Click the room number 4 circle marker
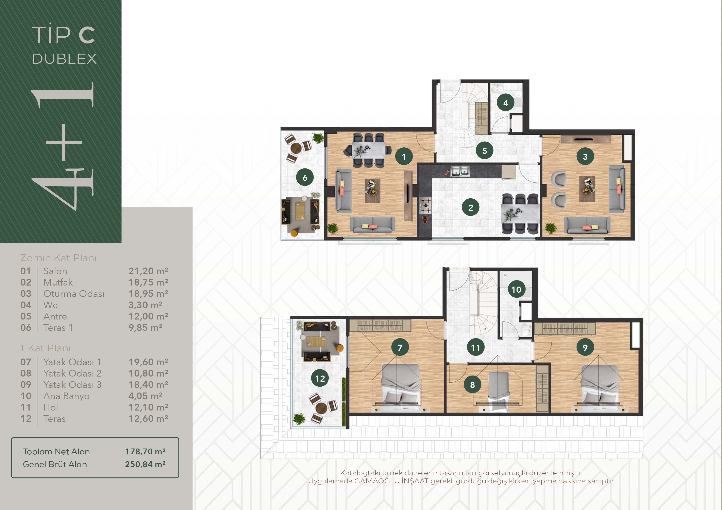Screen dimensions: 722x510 tap(505, 103)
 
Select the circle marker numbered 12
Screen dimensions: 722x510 tap(320, 378)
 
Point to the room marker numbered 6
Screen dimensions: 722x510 tap(305, 178)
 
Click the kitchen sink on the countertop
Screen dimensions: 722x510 tap(460, 171)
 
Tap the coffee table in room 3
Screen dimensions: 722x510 tap(587, 189)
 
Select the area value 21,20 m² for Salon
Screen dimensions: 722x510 tap(148, 271)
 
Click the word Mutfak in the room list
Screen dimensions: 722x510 tap(58, 282)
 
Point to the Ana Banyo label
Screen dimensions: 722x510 tap(66, 396)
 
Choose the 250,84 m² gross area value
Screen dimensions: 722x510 tap(145, 464)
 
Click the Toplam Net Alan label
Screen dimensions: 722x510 tap(56, 452)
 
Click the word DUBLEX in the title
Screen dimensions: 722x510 tap(64, 59)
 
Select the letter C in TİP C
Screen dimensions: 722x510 tap(87, 35)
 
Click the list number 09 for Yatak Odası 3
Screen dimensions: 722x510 tap(26, 385)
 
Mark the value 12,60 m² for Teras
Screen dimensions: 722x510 tap(148, 419)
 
